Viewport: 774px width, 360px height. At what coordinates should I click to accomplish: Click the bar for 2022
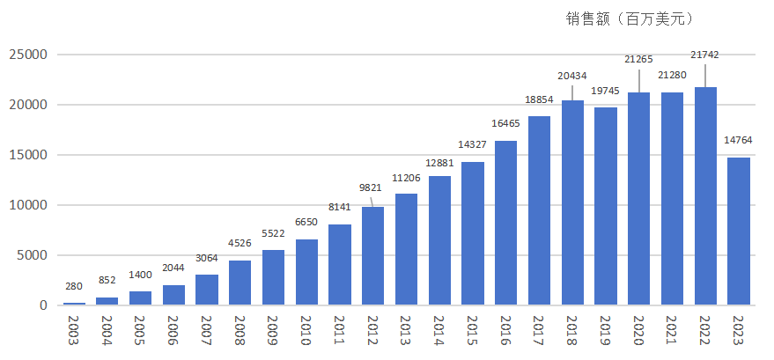[705, 196]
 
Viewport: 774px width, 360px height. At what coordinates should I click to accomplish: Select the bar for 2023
[739, 231]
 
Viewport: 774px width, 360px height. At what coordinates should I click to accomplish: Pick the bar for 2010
[307, 272]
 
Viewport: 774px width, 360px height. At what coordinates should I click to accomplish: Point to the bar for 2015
[473, 233]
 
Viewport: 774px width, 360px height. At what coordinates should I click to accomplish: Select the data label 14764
[739, 138]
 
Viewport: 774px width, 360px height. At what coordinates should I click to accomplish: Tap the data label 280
[75, 286]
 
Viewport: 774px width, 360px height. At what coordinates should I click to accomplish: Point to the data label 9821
[372, 187]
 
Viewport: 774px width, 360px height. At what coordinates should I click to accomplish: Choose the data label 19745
[606, 91]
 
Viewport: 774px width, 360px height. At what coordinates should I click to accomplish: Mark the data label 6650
[307, 222]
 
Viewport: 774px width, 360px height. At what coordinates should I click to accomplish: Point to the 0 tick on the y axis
[42, 305]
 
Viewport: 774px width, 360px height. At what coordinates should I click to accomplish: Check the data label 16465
[506, 124]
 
